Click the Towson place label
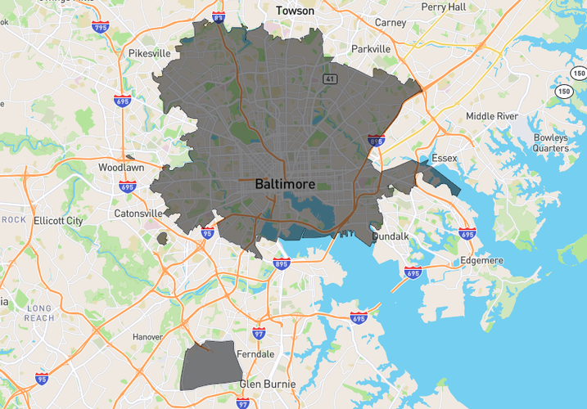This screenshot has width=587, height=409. pyautogui.click(x=295, y=11)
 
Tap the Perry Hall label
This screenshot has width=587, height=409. pyautogui.click(x=445, y=7)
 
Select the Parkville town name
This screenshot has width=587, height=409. pyautogui.click(x=371, y=49)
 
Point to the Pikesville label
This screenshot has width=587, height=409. pyautogui.click(x=149, y=53)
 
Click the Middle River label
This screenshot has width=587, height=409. pyautogui.click(x=492, y=116)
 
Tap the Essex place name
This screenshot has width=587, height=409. pyautogui.click(x=445, y=158)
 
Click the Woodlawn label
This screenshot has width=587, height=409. pyautogui.click(x=120, y=167)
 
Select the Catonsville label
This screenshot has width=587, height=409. pyautogui.click(x=138, y=213)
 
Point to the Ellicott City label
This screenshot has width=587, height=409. pyautogui.click(x=58, y=221)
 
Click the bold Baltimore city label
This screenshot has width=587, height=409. pyautogui.click(x=285, y=184)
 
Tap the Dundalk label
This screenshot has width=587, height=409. pyautogui.click(x=390, y=236)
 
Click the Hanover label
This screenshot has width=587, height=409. pyautogui.click(x=148, y=336)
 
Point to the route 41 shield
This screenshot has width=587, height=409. pyautogui.click(x=328, y=79)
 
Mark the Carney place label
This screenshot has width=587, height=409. pyautogui.click(x=390, y=23)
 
